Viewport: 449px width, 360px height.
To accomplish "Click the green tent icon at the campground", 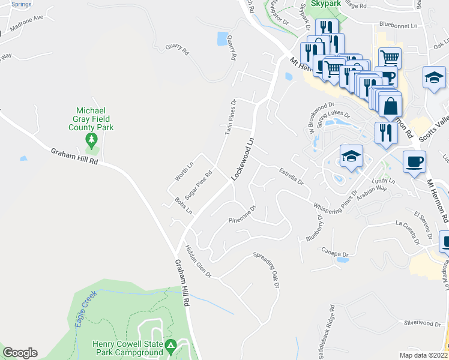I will (x=170, y=346).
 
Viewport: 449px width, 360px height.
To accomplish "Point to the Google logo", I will (x=20, y=353).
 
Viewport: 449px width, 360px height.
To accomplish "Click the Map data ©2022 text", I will (x=424, y=355).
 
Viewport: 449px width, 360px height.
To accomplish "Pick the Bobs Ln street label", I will (x=183, y=206).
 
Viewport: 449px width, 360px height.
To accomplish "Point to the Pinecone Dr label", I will (x=243, y=215).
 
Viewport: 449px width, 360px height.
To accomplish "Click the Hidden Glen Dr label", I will (x=198, y=262).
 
